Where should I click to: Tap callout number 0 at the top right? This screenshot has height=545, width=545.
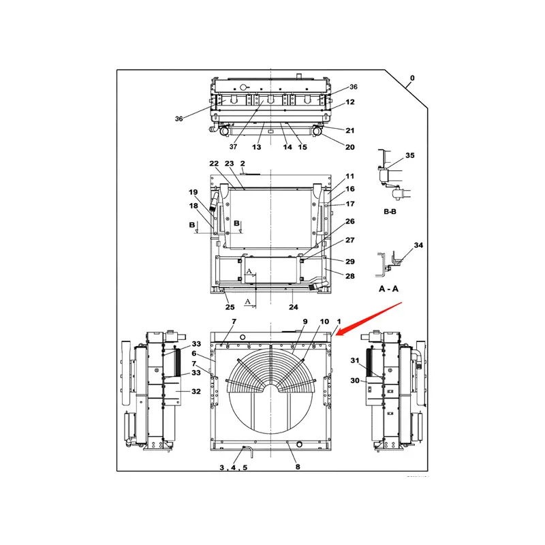point(411,78)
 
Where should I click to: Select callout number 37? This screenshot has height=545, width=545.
point(233,147)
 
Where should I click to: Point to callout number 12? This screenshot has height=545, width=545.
point(350,102)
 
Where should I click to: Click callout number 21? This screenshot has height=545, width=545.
point(350,130)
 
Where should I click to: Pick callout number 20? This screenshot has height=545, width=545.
point(350,147)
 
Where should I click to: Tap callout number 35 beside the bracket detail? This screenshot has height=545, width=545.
point(409,155)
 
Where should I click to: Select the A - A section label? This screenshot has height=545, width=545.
point(388,289)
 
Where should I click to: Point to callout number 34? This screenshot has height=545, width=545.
point(418,245)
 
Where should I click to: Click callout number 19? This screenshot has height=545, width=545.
point(193,192)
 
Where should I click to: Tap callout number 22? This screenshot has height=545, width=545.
point(214,163)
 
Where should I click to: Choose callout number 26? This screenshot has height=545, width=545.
point(350,221)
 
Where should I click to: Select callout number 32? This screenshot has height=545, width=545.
point(196,392)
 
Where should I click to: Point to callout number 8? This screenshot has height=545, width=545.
point(297,467)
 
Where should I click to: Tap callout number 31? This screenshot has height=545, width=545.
point(354,360)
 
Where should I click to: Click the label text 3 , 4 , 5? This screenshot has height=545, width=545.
point(233,468)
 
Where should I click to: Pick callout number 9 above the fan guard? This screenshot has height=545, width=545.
point(305,321)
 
